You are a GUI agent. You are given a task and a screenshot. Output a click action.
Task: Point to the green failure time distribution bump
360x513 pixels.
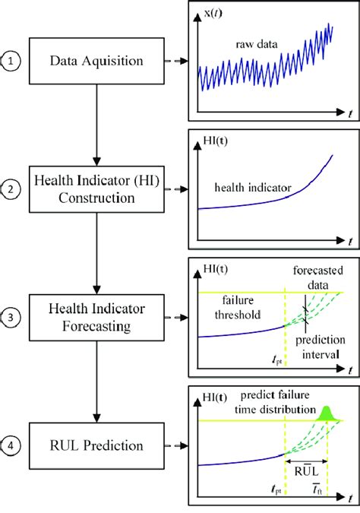[x=328, y=413]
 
